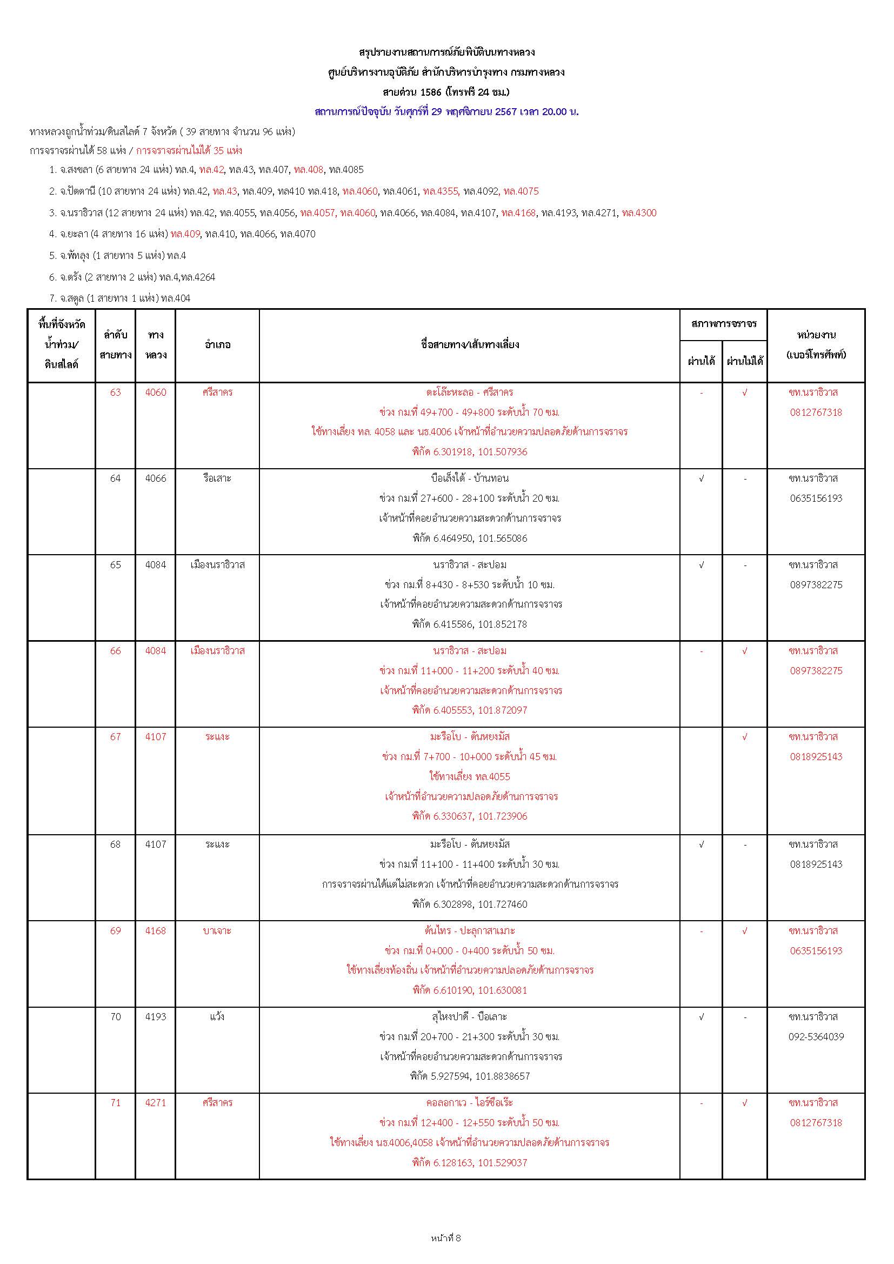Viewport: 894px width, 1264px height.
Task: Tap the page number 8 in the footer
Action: pos(458,1238)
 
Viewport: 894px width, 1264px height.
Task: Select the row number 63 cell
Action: pos(115,392)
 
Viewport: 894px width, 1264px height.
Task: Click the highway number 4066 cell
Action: pos(155,478)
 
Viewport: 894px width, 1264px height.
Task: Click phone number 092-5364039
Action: pos(816,1036)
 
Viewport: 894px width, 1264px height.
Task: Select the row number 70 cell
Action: pos(115,1017)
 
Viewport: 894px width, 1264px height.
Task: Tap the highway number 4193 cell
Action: pos(155,1017)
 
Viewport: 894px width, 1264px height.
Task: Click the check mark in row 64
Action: pos(702,478)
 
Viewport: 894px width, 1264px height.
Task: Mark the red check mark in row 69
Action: pos(745,931)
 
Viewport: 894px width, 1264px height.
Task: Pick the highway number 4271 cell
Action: pos(155,1103)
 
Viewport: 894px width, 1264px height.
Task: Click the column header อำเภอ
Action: pos(217,345)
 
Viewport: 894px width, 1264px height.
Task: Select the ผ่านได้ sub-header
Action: pos(702,361)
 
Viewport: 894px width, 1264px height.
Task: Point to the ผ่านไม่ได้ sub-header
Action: pos(745,361)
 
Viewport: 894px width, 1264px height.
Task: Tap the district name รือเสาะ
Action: pos(217,478)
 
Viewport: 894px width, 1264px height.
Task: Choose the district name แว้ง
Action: pos(217,1017)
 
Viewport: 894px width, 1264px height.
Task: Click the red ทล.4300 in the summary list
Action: pos(639,213)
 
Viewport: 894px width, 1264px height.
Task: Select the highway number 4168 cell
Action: pos(155,931)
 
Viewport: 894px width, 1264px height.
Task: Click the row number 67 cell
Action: pos(115,736)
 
